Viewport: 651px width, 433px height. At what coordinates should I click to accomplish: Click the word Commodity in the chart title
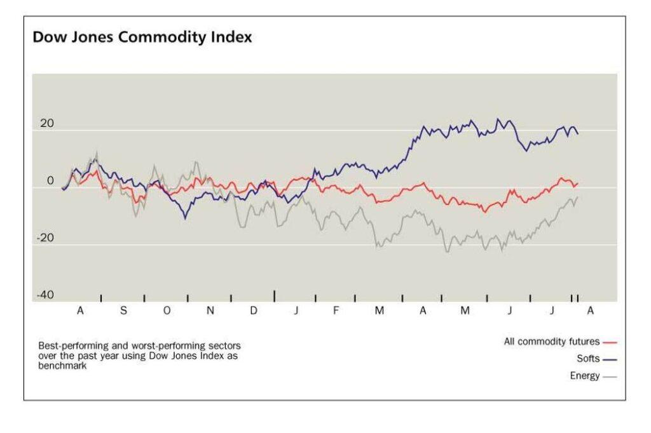[162, 37]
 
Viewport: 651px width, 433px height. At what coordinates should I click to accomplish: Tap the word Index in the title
[231, 36]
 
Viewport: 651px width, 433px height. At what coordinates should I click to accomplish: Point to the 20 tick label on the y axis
[47, 123]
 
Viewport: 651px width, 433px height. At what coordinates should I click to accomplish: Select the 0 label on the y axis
[50, 180]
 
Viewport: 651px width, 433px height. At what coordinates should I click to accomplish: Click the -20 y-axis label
[45, 237]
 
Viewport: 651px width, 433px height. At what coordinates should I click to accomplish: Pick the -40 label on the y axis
[45, 295]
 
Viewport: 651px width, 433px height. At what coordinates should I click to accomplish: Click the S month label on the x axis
[123, 310]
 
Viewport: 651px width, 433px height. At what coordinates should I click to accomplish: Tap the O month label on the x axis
[167, 310]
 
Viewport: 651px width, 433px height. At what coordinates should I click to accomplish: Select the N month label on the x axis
[210, 310]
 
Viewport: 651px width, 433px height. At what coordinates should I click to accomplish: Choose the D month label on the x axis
[253, 310]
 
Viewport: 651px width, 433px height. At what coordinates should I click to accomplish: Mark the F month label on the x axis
[336, 310]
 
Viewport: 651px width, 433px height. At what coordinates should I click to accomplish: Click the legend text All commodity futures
[552, 342]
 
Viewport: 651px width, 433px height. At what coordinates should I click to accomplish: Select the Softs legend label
[588, 358]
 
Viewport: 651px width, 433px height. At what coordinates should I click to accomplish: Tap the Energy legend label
[585, 376]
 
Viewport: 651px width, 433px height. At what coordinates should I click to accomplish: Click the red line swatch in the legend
[610, 343]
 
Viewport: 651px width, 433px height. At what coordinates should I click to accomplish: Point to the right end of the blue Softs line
[578, 133]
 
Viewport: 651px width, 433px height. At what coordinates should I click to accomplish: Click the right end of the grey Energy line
[577, 197]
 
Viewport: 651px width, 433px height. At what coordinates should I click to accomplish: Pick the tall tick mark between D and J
[275, 296]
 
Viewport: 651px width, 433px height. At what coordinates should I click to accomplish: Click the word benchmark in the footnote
[62, 366]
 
